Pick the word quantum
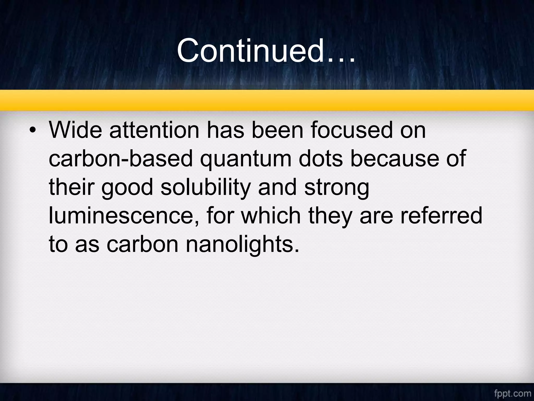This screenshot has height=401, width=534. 245,159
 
